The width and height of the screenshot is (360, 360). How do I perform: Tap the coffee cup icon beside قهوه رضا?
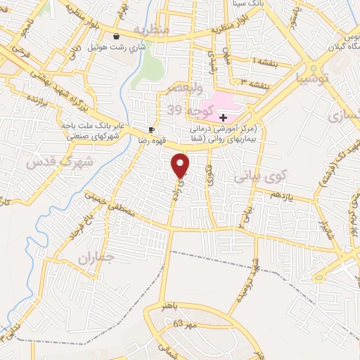[x=151, y=130]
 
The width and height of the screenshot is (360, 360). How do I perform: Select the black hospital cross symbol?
[x=223, y=117]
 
